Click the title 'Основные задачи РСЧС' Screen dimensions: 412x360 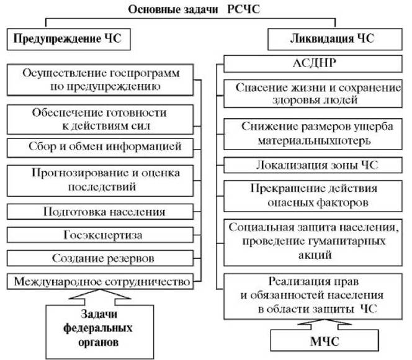click(194, 9)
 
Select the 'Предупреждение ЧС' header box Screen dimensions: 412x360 click(69, 39)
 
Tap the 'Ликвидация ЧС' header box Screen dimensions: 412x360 click(335, 39)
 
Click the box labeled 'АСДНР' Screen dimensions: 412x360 click(313, 63)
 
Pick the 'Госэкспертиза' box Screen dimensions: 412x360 click(100, 235)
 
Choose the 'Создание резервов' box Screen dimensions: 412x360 click(100, 258)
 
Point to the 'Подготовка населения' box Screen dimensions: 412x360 click(100, 212)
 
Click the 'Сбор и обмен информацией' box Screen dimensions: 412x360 click(100, 148)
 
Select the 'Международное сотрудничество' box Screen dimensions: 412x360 click(100, 281)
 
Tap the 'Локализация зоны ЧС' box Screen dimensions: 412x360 click(313, 165)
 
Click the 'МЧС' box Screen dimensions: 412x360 click(325, 340)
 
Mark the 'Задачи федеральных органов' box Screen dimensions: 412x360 click(99, 331)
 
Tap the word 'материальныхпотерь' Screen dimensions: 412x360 click(314, 140)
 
